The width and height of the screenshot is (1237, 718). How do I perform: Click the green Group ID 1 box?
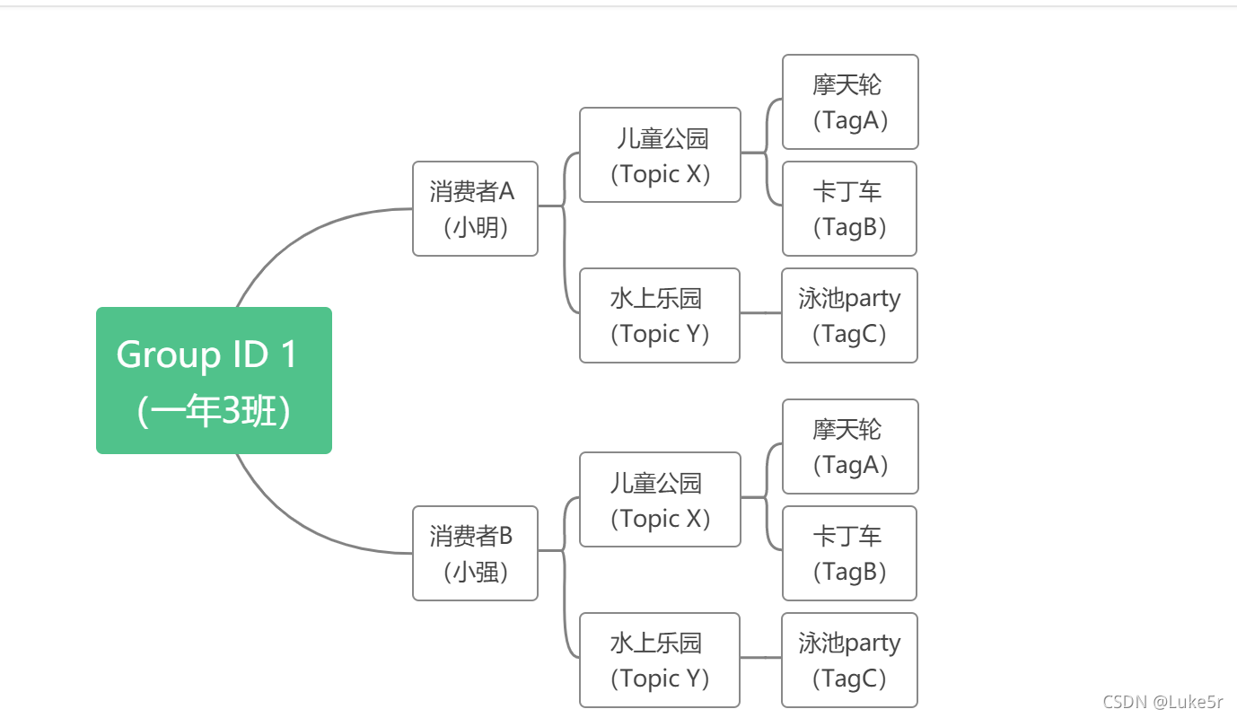click(214, 381)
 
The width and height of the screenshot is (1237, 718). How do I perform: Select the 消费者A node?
click(475, 208)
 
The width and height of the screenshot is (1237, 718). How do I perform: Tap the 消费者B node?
click(475, 553)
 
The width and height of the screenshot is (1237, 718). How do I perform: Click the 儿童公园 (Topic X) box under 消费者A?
click(660, 155)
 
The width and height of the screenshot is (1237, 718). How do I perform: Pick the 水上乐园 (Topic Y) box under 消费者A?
click(660, 315)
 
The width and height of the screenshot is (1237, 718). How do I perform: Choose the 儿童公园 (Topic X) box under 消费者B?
click(660, 500)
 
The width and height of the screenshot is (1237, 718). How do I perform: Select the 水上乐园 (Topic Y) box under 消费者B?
click(660, 660)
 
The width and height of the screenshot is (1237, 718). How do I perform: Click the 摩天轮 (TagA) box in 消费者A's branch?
click(850, 101)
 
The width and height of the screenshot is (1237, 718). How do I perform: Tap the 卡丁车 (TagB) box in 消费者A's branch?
click(849, 208)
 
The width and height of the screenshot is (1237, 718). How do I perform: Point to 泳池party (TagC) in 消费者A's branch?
click(849, 315)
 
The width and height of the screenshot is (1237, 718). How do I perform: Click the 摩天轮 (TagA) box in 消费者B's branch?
click(850, 446)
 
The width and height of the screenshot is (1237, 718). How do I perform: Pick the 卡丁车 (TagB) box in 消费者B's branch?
click(849, 553)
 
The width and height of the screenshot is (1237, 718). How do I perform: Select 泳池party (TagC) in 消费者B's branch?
click(849, 660)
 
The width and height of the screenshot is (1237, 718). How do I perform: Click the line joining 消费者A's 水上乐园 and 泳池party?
click(760, 313)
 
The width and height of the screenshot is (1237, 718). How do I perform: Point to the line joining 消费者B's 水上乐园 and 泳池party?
click(760, 658)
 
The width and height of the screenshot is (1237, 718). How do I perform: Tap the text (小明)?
click(476, 227)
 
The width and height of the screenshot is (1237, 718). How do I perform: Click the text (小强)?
click(476, 572)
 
